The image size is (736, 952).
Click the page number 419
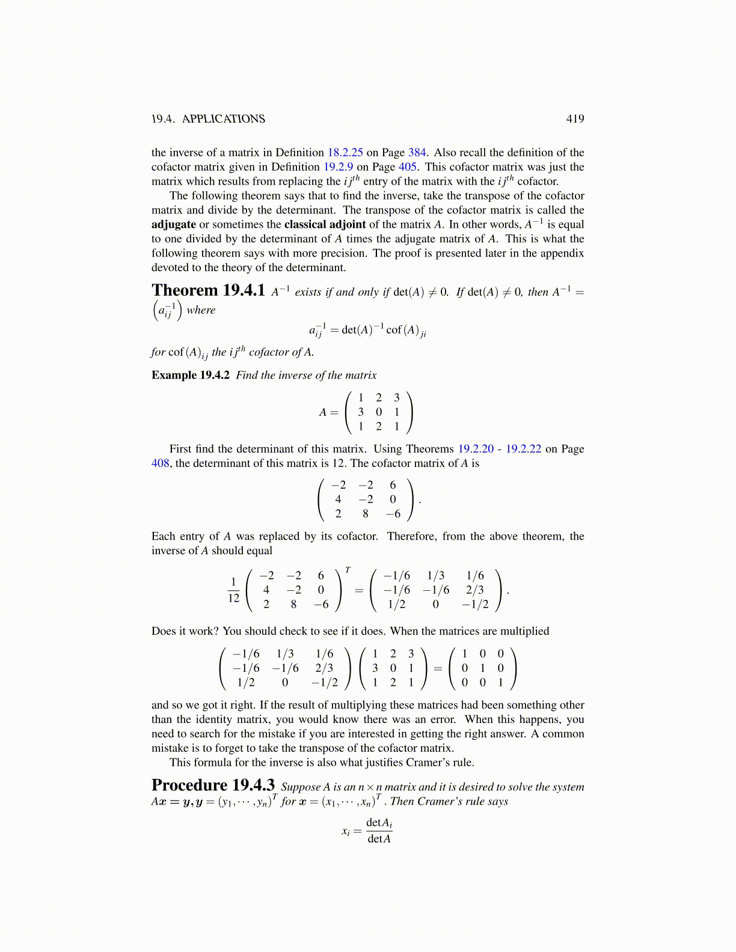click(x=575, y=119)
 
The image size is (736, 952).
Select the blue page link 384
click(x=417, y=153)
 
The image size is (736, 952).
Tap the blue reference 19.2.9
click(x=338, y=167)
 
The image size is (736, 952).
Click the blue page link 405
click(x=407, y=167)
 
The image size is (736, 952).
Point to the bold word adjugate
click(x=174, y=225)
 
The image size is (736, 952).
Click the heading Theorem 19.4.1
click(x=208, y=291)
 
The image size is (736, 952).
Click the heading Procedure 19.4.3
click(x=213, y=786)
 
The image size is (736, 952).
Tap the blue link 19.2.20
click(x=476, y=449)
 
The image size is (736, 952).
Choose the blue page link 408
click(x=161, y=463)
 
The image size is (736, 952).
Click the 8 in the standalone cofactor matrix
click(x=366, y=514)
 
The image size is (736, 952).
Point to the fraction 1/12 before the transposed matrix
click(x=233, y=590)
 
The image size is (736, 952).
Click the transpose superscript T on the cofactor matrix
click(x=348, y=570)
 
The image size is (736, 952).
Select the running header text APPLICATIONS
click(x=223, y=119)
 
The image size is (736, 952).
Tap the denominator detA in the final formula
click(x=379, y=839)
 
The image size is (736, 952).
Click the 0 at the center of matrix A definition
click(x=378, y=412)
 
